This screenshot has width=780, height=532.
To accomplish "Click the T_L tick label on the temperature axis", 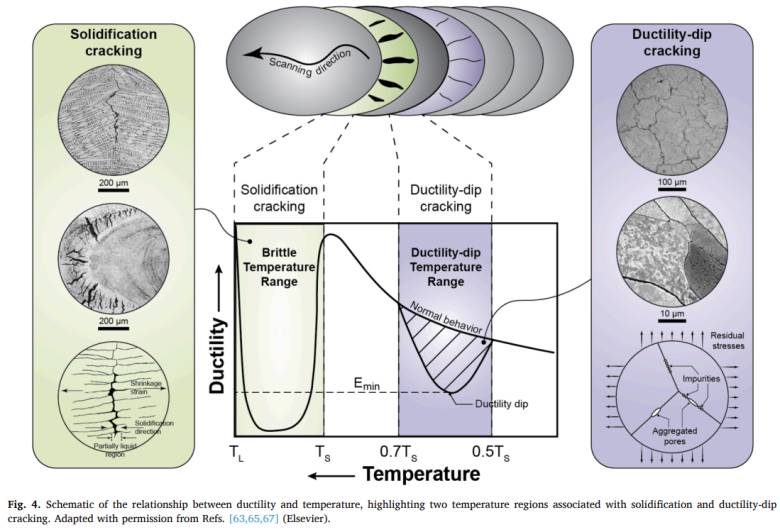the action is (x=237, y=453).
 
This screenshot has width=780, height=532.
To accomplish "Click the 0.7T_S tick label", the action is (x=398, y=453).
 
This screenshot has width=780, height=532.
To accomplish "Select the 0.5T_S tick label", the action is (x=490, y=453).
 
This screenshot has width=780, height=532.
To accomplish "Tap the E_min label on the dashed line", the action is (x=367, y=384).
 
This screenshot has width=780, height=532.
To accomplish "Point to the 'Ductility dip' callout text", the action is (x=501, y=404).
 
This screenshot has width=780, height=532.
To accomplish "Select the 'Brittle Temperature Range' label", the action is (x=279, y=267).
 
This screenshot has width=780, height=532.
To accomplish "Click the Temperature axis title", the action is (x=421, y=474).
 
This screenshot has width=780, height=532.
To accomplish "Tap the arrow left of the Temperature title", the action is (x=331, y=475).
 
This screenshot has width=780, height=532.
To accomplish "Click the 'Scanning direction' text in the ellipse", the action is (x=310, y=63).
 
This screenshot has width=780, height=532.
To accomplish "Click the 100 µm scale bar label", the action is (x=672, y=182).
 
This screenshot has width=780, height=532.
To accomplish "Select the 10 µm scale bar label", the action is (x=672, y=314).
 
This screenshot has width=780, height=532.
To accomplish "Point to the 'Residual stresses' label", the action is (x=727, y=340).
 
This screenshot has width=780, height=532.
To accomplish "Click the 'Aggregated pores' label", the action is (x=675, y=436).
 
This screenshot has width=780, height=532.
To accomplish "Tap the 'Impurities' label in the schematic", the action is (x=701, y=379).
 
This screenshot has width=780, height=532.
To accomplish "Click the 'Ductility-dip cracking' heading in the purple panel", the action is (x=672, y=42).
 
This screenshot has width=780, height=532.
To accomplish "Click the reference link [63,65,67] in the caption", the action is (x=254, y=519).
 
